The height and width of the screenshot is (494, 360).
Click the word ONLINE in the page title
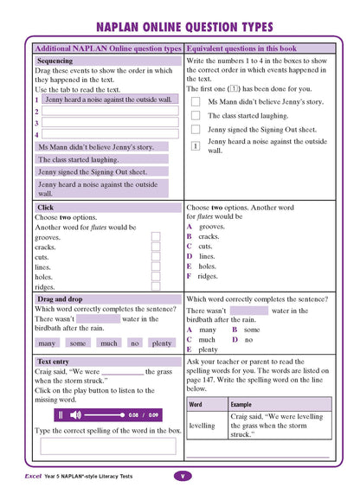(163, 28)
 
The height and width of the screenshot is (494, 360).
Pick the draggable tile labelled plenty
(162, 343)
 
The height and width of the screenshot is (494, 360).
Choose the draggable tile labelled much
(109, 343)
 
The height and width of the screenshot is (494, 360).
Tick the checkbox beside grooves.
(156, 236)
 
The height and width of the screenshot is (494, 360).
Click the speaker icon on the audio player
(76, 415)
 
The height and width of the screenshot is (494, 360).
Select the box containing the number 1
(196, 146)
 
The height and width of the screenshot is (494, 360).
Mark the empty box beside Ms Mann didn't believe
(196, 102)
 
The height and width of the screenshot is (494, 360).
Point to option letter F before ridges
(190, 277)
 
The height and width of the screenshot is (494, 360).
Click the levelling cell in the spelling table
(202, 426)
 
